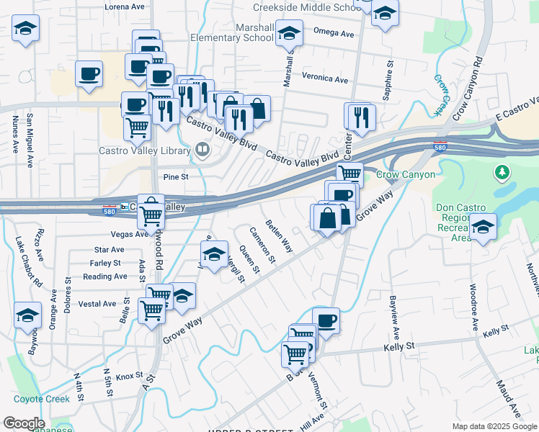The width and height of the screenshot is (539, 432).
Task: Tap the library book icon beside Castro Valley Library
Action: pos(202,150)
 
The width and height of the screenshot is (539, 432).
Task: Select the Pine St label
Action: pos(175,176)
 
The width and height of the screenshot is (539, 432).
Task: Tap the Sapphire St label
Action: pos(388,84)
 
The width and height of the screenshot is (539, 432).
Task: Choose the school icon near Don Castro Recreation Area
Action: pos(484,228)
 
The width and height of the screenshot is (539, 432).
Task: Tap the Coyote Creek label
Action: pos(41,399)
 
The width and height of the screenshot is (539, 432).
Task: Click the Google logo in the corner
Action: pos(24,423)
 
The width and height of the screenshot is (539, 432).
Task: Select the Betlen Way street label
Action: pos(278,235)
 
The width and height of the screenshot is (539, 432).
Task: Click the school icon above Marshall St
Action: pos(289,34)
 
